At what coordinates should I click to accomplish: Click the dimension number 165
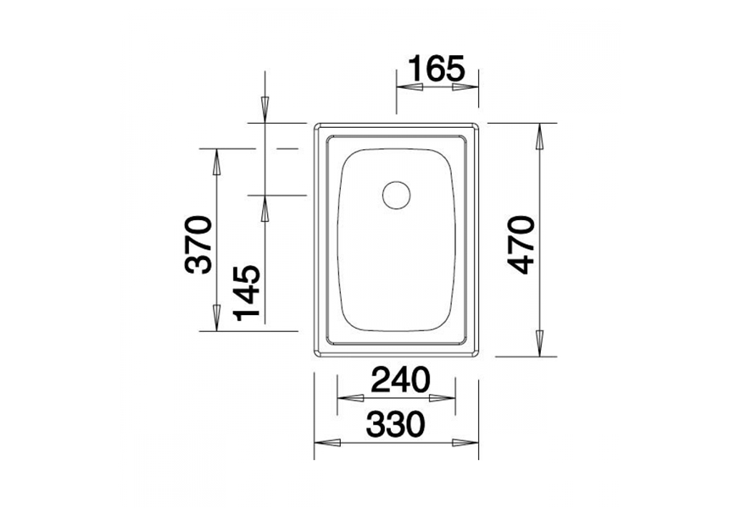(438, 67)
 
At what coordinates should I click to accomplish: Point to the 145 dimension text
(247, 292)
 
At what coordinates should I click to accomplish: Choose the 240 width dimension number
(396, 381)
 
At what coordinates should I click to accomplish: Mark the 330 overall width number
(396, 426)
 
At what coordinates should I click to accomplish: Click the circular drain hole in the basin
(396, 195)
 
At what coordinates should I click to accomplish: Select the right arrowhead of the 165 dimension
(467, 86)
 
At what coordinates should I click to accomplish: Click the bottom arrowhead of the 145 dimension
(265, 208)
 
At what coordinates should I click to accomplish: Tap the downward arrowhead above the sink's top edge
(265, 109)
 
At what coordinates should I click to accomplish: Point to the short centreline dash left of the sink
(288, 148)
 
